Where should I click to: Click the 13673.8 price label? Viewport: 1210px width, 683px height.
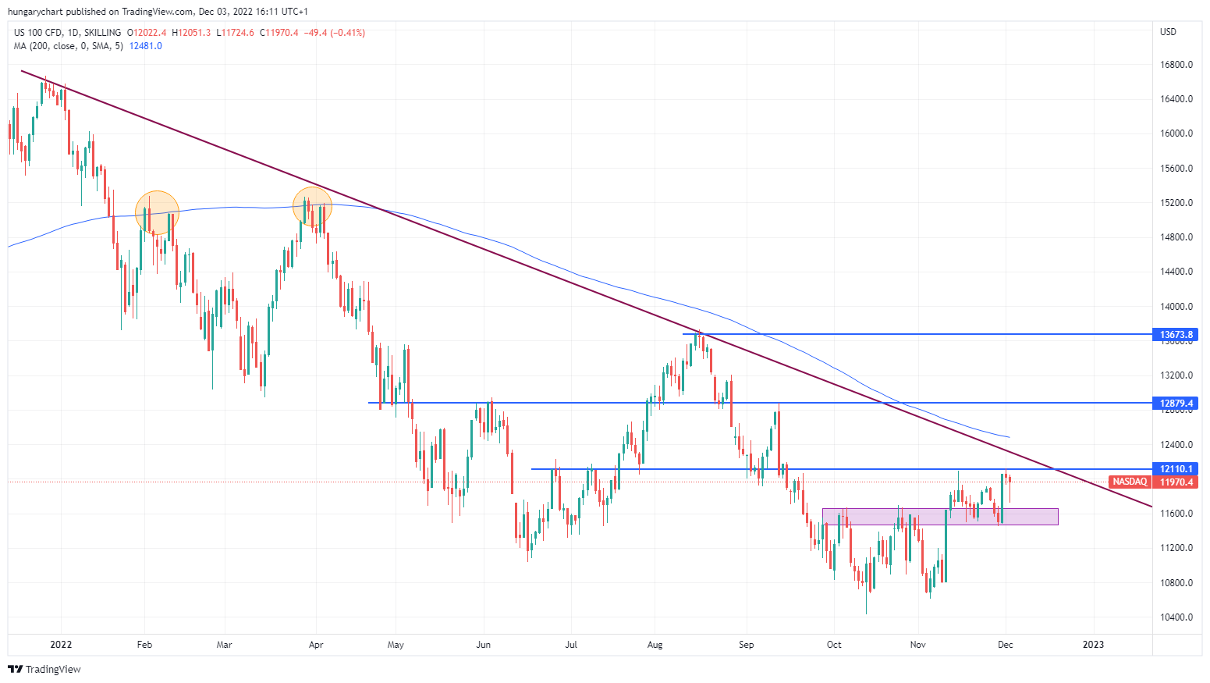pos(1176,335)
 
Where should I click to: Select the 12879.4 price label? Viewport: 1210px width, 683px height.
pos(1176,404)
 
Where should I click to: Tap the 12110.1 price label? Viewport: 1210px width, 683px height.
pos(1176,469)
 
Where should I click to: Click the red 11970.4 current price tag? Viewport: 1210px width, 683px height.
pos(1176,482)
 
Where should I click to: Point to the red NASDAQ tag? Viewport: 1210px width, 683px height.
pos(1129,482)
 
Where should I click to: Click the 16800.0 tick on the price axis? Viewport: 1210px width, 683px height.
pos(1176,65)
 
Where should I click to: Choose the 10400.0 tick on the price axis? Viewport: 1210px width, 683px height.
pos(1176,617)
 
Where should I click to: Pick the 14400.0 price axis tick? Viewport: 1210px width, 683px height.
pos(1176,272)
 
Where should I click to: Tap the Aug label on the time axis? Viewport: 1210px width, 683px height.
pos(655,645)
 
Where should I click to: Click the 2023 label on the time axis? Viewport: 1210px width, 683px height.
pos(1093,645)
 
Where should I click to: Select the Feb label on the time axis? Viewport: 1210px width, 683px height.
pos(144,645)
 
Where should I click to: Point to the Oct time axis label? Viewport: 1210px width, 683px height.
pos(834,645)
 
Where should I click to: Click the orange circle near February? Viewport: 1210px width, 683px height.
pos(157,212)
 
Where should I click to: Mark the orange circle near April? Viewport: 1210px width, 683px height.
pos(312,207)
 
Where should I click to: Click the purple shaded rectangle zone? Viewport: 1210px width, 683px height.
pos(940,517)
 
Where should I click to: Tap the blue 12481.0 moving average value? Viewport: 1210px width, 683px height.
pos(146,46)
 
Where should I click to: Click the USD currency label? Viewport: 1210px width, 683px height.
pos(1168,32)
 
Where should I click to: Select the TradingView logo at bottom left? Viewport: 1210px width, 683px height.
pos(44,669)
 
